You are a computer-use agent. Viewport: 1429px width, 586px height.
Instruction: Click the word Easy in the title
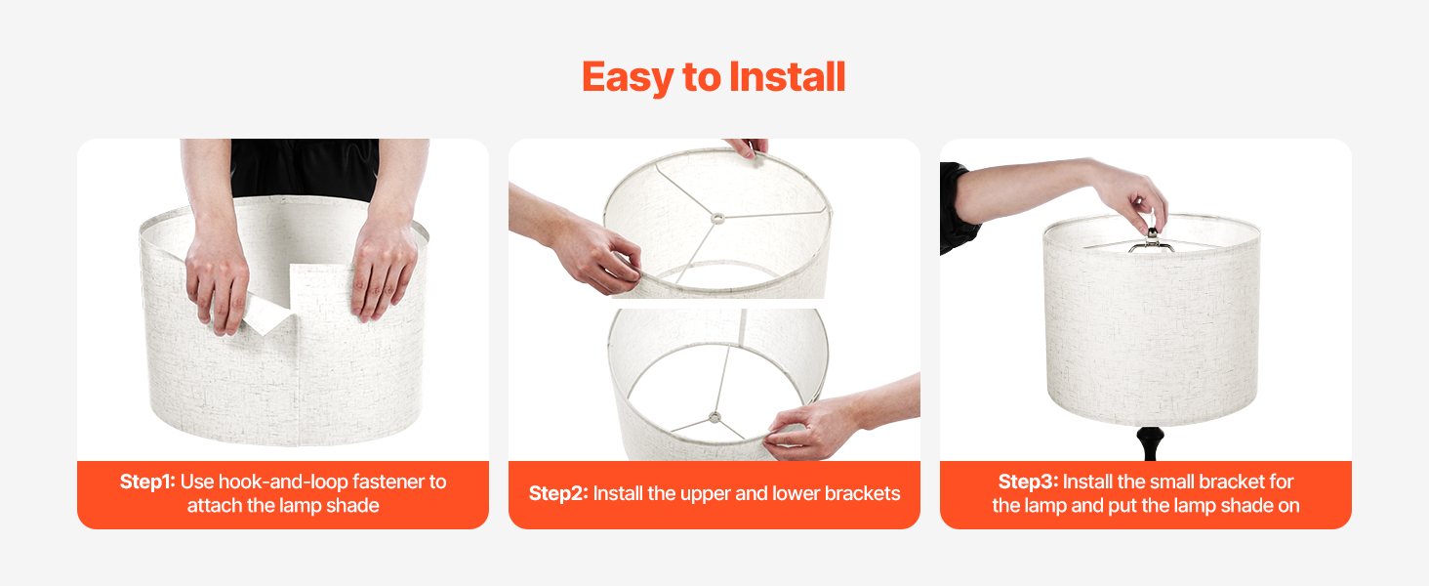(628, 78)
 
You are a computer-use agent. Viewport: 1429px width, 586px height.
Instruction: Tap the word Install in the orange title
(788, 76)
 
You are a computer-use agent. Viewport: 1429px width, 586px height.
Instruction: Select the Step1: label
(147, 481)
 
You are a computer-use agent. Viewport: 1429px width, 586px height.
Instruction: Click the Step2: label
(558, 493)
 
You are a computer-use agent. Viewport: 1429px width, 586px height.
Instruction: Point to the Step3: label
(1028, 481)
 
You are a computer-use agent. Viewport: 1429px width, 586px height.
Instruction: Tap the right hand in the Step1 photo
(383, 269)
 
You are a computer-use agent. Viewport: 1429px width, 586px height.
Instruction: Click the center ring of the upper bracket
(718, 219)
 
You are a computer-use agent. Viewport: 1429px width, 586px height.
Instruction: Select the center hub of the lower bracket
(715, 418)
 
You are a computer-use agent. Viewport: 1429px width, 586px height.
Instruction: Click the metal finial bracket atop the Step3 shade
(1152, 241)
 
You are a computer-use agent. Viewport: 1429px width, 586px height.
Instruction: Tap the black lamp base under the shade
(1150, 443)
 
